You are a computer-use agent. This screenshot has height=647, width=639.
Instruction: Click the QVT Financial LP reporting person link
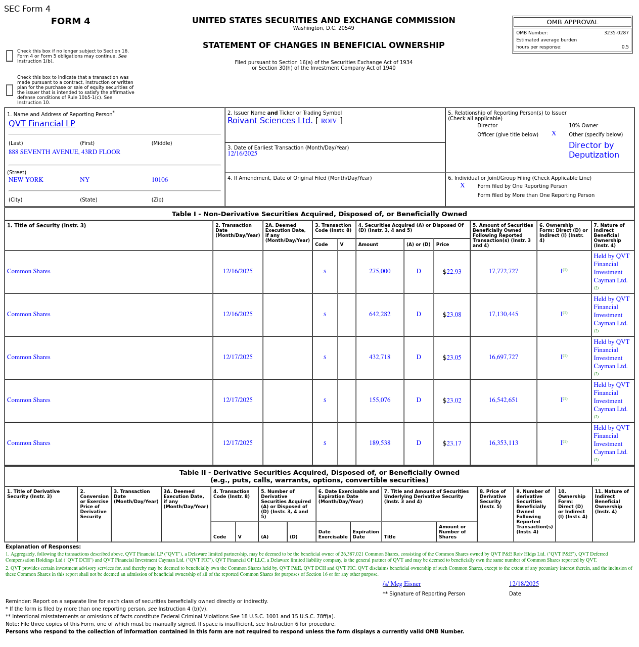pyautogui.click(x=41, y=124)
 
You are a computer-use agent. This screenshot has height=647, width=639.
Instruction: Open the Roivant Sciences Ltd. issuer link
pyautogui.click(x=270, y=121)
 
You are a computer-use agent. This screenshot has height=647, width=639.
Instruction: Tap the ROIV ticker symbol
pyautogui.click(x=329, y=121)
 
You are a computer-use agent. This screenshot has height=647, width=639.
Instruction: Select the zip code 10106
pyautogui.click(x=159, y=180)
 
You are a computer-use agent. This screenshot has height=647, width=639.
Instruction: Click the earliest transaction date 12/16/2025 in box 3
pyautogui.click(x=242, y=154)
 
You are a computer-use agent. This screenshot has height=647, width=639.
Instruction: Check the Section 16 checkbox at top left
pyautogui.click(x=10, y=56)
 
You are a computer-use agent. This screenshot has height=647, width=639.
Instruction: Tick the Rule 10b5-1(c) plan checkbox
pyautogui.click(x=10, y=90)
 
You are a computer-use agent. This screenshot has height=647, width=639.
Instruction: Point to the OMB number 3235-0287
pyautogui.click(x=616, y=33)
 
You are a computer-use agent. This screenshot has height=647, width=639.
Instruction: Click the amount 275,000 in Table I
pyautogui.click(x=379, y=271)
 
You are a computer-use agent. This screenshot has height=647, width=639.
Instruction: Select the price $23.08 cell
pyautogui.click(x=451, y=314)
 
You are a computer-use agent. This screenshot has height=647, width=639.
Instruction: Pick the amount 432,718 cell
pyautogui.click(x=379, y=357)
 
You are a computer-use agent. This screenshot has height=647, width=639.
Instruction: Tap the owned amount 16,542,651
pyautogui.click(x=503, y=400)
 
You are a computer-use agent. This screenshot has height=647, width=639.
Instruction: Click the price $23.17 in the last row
pyautogui.click(x=451, y=443)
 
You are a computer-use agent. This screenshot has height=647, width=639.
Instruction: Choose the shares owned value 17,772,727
pyautogui.click(x=503, y=271)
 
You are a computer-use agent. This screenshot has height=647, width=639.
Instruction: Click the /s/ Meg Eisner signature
pyautogui.click(x=401, y=584)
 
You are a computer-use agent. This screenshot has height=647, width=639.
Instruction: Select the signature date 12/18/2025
pyautogui.click(x=524, y=584)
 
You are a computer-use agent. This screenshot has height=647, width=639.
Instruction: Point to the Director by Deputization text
pyautogui.click(x=594, y=150)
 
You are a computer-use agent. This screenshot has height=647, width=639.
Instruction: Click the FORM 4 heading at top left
pyautogui.click(x=70, y=21)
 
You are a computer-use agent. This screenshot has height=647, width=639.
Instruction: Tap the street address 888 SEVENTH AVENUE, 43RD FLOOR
pyautogui.click(x=64, y=152)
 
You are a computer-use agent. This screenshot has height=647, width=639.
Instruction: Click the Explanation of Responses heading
pyautogui.click(x=43, y=546)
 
